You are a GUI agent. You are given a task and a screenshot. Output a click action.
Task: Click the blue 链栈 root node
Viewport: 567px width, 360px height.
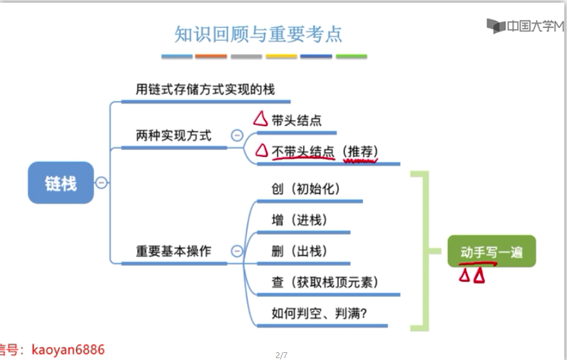tap(60, 184)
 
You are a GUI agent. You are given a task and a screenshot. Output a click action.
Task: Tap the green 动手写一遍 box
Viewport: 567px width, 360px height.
tap(492, 252)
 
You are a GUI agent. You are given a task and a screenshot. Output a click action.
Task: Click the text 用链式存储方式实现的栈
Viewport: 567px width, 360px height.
tap(205, 90)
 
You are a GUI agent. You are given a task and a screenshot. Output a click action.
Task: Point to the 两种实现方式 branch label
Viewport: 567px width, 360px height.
tap(174, 136)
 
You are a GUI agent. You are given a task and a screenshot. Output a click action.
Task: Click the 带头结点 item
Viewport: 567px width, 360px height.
tap(297, 120)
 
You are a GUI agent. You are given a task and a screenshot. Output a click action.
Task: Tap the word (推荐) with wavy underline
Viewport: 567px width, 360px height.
tap(360, 151)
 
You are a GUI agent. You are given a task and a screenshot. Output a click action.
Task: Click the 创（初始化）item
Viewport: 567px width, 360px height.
tap(306, 189)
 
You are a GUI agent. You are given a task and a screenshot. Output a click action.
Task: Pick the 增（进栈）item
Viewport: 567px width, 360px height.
tap(300, 220)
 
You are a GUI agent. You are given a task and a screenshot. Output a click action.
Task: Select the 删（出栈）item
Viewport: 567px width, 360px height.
tap(300, 251)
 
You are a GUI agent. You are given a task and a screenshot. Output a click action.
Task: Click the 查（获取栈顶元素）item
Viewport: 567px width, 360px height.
tap(325, 282)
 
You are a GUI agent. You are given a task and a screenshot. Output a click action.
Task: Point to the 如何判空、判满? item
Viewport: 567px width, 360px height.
tap(319, 314)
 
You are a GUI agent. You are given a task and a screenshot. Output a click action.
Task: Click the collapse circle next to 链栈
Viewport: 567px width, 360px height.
tap(101, 183)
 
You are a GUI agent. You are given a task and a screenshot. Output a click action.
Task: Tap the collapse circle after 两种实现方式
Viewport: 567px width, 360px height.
tap(237, 136)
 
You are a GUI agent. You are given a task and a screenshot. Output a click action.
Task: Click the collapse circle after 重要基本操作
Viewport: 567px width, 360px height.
tap(237, 251)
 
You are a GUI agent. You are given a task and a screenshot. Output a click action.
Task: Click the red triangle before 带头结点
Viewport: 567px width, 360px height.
tap(261, 119)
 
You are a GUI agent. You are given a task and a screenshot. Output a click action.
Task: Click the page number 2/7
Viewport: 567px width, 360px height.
tap(281, 355)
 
